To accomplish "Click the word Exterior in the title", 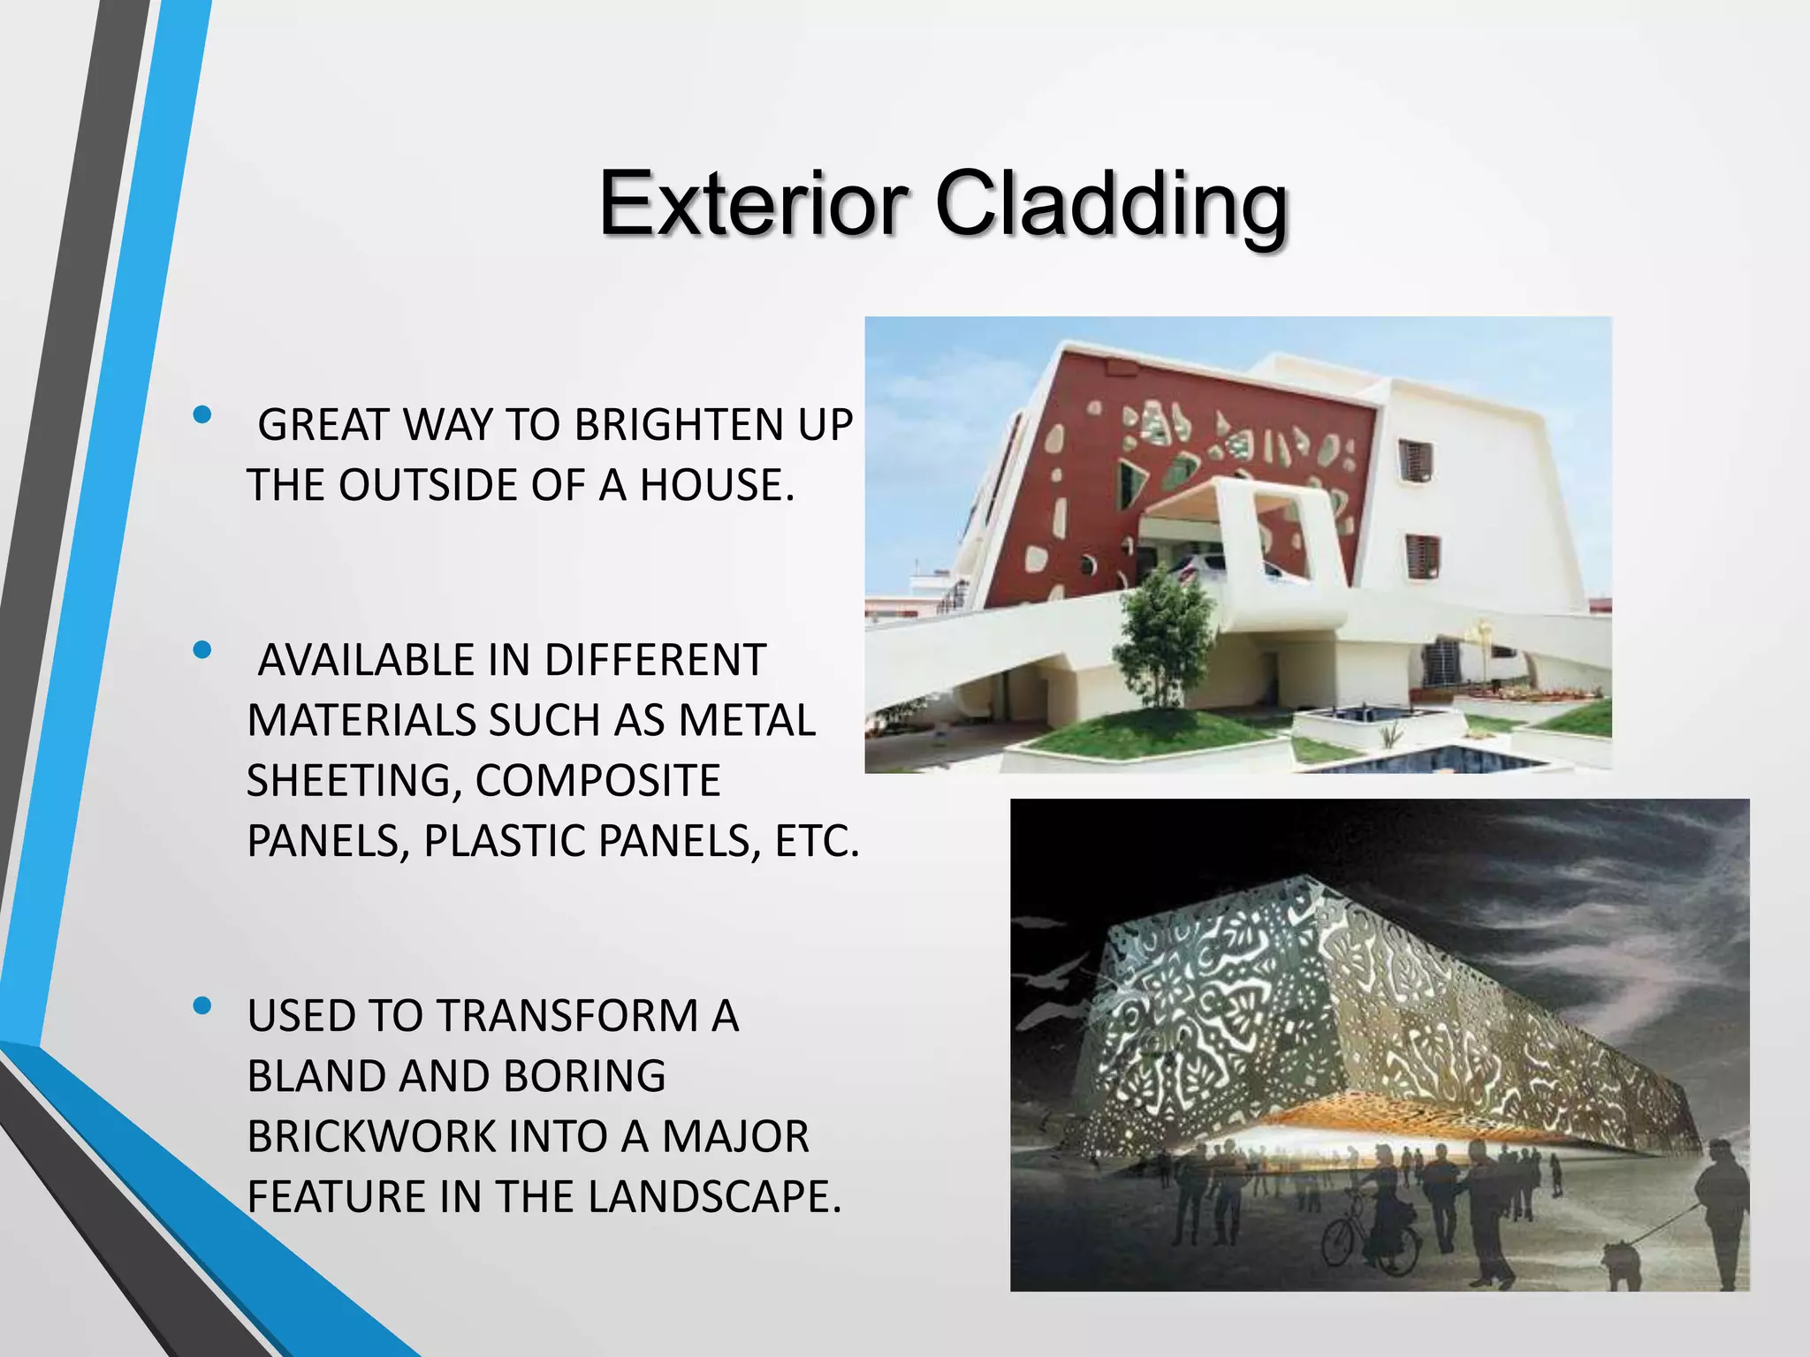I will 753,205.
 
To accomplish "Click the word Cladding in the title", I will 1111,205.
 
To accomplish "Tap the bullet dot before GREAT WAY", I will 202,413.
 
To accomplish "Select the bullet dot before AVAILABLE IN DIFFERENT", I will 202,650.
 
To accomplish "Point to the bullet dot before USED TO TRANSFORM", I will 202,1005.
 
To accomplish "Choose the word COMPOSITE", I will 597,781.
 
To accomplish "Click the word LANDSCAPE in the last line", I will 714,1197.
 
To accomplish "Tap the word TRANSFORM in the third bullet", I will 567,1016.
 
